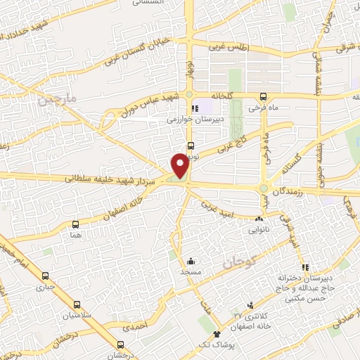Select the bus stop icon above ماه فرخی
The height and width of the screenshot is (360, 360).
[263, 96]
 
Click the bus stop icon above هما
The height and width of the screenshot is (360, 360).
[75, 224]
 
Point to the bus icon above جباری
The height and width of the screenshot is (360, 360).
[46, 276]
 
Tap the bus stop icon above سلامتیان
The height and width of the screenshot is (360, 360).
[76, 305]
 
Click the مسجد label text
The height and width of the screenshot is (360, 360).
[191, 271]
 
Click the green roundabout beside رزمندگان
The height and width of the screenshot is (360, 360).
[264, 188]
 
